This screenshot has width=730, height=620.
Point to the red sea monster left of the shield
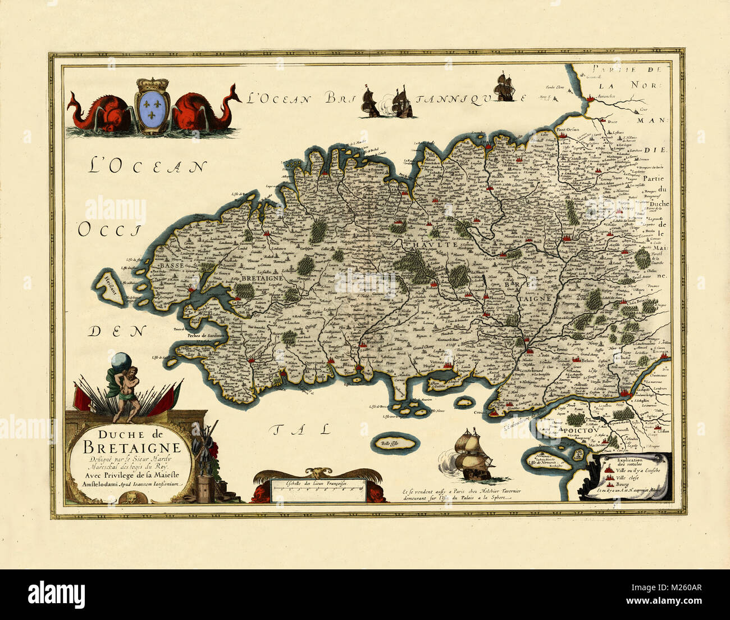[99, 111]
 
